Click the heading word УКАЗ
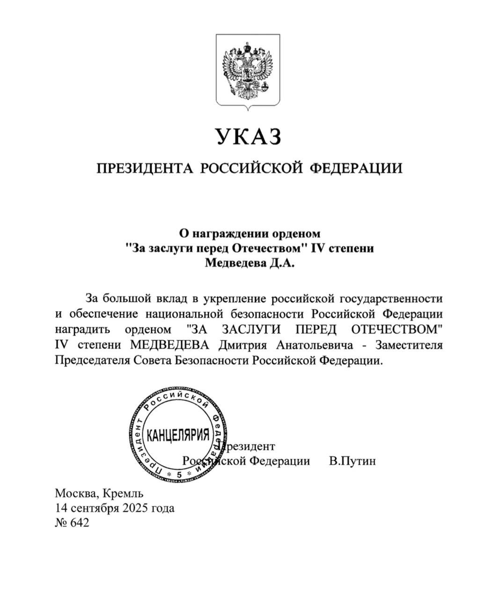coord(249,137)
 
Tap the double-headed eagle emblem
coord(248,70)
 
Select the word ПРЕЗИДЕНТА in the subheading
coord(145,168)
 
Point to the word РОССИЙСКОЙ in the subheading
coord(253,168)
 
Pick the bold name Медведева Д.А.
coord(250,263)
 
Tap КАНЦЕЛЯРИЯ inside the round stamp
coord(178,435)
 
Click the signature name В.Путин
coord(352,461)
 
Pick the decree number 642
coord(79,523)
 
